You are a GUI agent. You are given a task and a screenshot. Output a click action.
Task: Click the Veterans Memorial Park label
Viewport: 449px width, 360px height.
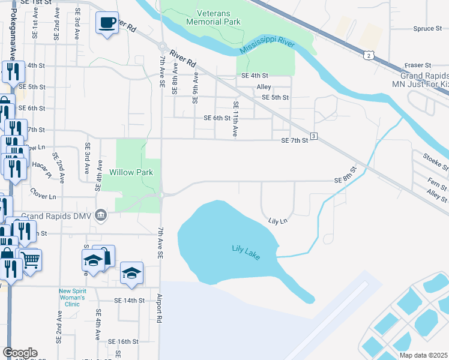click(x=213, y=17)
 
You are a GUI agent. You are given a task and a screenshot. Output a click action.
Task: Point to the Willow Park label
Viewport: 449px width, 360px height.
click(x=131, y=172)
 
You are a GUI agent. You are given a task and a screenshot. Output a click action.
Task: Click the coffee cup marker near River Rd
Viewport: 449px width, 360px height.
click(x=107, y=23)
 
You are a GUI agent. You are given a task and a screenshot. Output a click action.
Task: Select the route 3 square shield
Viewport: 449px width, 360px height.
click(x=313, y=137)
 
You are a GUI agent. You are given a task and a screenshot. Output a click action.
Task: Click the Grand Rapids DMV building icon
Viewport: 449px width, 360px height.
click(x=100, y=215)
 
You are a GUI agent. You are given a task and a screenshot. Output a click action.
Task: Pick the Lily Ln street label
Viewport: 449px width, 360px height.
click(x=278, y=221)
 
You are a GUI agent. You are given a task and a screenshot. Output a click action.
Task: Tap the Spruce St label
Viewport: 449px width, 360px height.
click(x=427, y=28)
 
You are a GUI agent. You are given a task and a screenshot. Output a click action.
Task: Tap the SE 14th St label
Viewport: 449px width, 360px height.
click(x=130, y=300)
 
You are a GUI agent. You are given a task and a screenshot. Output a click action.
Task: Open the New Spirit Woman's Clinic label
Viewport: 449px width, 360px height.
click(x=77, y=298)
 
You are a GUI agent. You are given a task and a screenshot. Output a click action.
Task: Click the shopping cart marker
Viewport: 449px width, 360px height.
click(x=31, y=260)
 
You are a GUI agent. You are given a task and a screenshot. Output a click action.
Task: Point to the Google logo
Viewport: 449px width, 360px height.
click(x=19, y=353)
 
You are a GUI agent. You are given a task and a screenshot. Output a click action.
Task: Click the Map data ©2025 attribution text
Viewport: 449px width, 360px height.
click(x=423, y=355)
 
